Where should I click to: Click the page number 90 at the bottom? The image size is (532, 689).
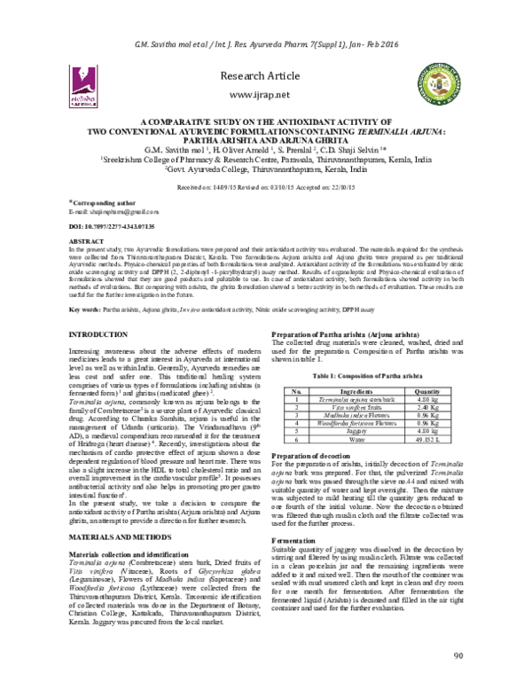coord(458,656)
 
